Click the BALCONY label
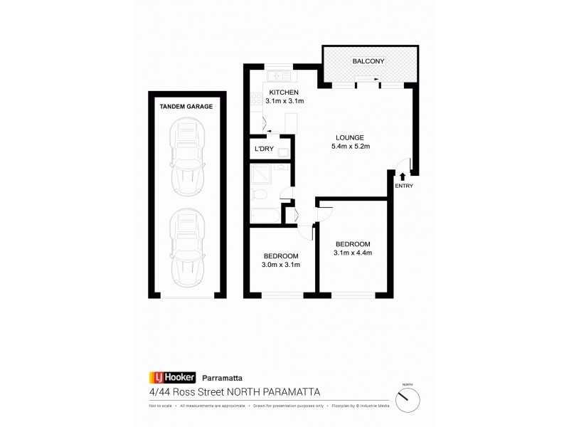click(x=368, y=61)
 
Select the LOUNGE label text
click(x=351, y=137)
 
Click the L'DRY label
click(x=264, y=151)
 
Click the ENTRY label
click(x=403, y=186)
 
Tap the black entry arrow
click(x=403, y=176)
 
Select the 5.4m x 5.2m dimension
click(x=351, y=147)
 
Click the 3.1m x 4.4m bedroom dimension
click(x=353, y=252)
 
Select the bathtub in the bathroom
click(x=264, y=214)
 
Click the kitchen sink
click(x=275, y=75)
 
